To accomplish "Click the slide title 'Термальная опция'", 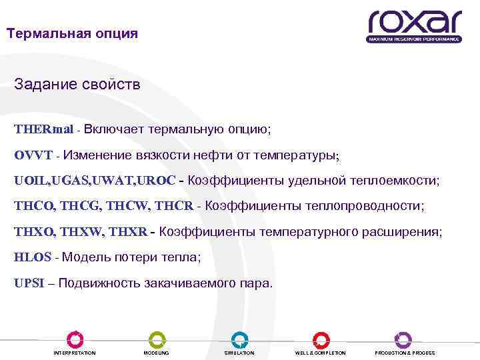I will click(x=72, y=33).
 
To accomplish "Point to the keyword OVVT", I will click(x=33, y=155).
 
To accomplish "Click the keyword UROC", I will click(x=159, y=181).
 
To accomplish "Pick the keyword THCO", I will click(x=34, y=207).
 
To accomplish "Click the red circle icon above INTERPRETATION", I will click(x=75, y=339).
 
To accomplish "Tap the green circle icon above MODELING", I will click(x=157, y=339).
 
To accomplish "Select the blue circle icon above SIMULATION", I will click(x=239, y=339).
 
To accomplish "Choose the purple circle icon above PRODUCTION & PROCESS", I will click(x=403, y=339).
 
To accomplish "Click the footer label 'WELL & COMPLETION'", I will click(x=321, y=353).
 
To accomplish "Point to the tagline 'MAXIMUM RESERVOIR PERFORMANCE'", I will click(x=413, y=39).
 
